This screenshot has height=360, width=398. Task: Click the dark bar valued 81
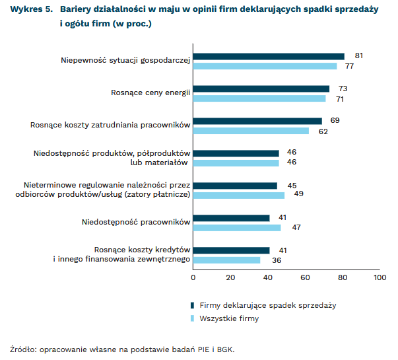269,56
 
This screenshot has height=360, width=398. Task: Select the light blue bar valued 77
265,66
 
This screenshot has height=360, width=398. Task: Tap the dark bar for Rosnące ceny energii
261,89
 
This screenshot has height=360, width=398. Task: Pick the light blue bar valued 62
251,131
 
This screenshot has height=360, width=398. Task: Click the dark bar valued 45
235,186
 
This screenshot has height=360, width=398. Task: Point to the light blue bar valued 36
226,260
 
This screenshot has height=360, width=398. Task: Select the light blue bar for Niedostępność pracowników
237,228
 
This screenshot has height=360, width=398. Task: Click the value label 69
335,120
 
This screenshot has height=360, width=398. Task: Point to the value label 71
340,98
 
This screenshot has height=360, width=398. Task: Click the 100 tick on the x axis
380,278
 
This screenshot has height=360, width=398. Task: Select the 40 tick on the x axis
268,278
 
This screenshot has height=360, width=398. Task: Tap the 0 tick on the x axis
193,278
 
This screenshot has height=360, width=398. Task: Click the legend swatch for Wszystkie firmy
192,318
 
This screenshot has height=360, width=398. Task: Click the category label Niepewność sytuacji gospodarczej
125,61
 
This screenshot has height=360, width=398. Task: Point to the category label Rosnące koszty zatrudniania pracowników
110,125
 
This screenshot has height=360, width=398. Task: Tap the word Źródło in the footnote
23,348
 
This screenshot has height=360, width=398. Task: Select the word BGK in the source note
225,348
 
